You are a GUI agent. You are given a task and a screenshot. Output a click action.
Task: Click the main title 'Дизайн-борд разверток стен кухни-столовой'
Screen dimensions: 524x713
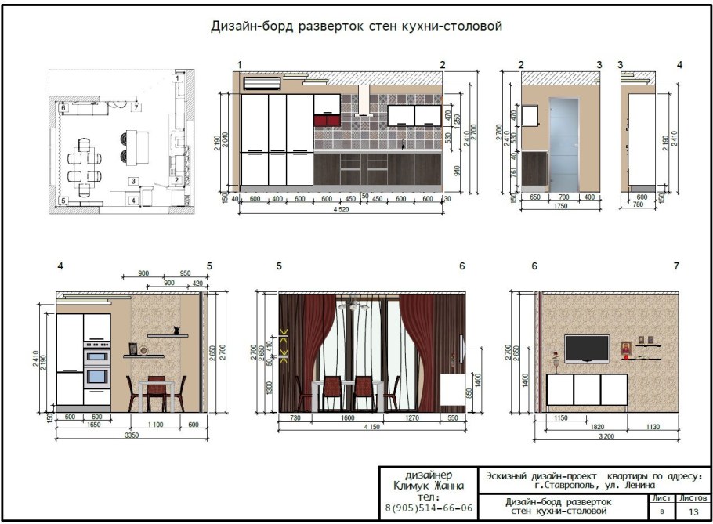(x=356, y=27)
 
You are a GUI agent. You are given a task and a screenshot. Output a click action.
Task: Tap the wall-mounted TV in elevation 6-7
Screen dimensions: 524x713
(x=587, y=349)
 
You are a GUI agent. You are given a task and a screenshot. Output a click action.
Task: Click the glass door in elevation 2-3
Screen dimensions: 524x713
(x=563, y=143)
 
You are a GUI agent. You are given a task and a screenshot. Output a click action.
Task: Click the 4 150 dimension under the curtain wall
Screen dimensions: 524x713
(x=372, y=426)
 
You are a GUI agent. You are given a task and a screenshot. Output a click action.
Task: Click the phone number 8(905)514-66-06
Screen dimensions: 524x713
(x=429, y=508)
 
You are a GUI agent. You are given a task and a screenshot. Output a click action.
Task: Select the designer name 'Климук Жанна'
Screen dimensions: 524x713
(x=429, y=486)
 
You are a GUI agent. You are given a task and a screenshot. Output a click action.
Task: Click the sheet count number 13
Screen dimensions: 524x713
(x=693, y=511)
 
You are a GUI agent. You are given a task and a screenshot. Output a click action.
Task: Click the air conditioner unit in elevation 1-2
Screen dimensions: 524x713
(x=262, y=82)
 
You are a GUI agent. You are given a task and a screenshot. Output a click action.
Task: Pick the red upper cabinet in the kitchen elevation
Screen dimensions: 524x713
(x=326, y=120)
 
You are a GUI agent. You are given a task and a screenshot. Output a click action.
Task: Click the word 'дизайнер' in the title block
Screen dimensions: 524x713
(x=429, y=475)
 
